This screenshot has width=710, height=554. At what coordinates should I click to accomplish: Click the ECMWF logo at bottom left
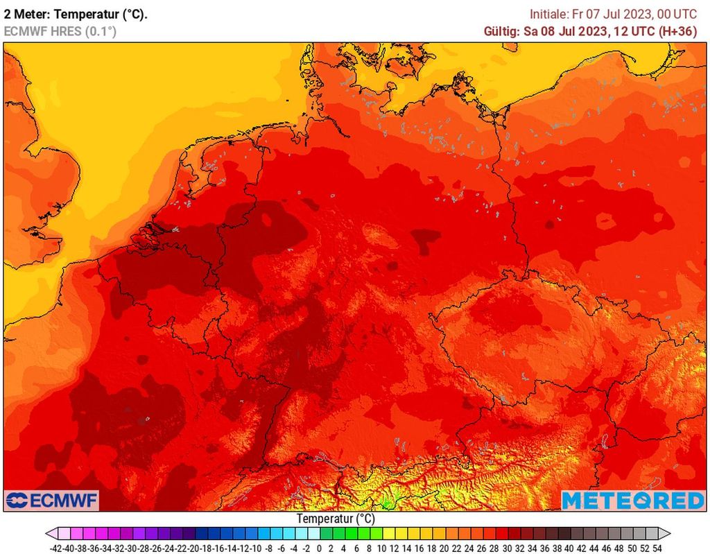(x=52, y=500)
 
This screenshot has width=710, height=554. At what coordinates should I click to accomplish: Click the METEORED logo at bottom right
(x=632, y=500)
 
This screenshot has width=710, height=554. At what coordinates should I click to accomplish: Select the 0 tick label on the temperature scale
(x=319, y=547)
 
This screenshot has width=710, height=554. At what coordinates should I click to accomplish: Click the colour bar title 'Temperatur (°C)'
(x=336, y=518)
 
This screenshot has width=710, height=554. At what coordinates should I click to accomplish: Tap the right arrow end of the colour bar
(x=665, y=533)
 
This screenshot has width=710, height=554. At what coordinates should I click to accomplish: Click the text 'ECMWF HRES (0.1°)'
(x=60, y=31)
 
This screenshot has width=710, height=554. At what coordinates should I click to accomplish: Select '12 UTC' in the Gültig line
(x=632, y=31)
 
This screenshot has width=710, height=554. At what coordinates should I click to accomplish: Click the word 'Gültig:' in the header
(x=501, y=31)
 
